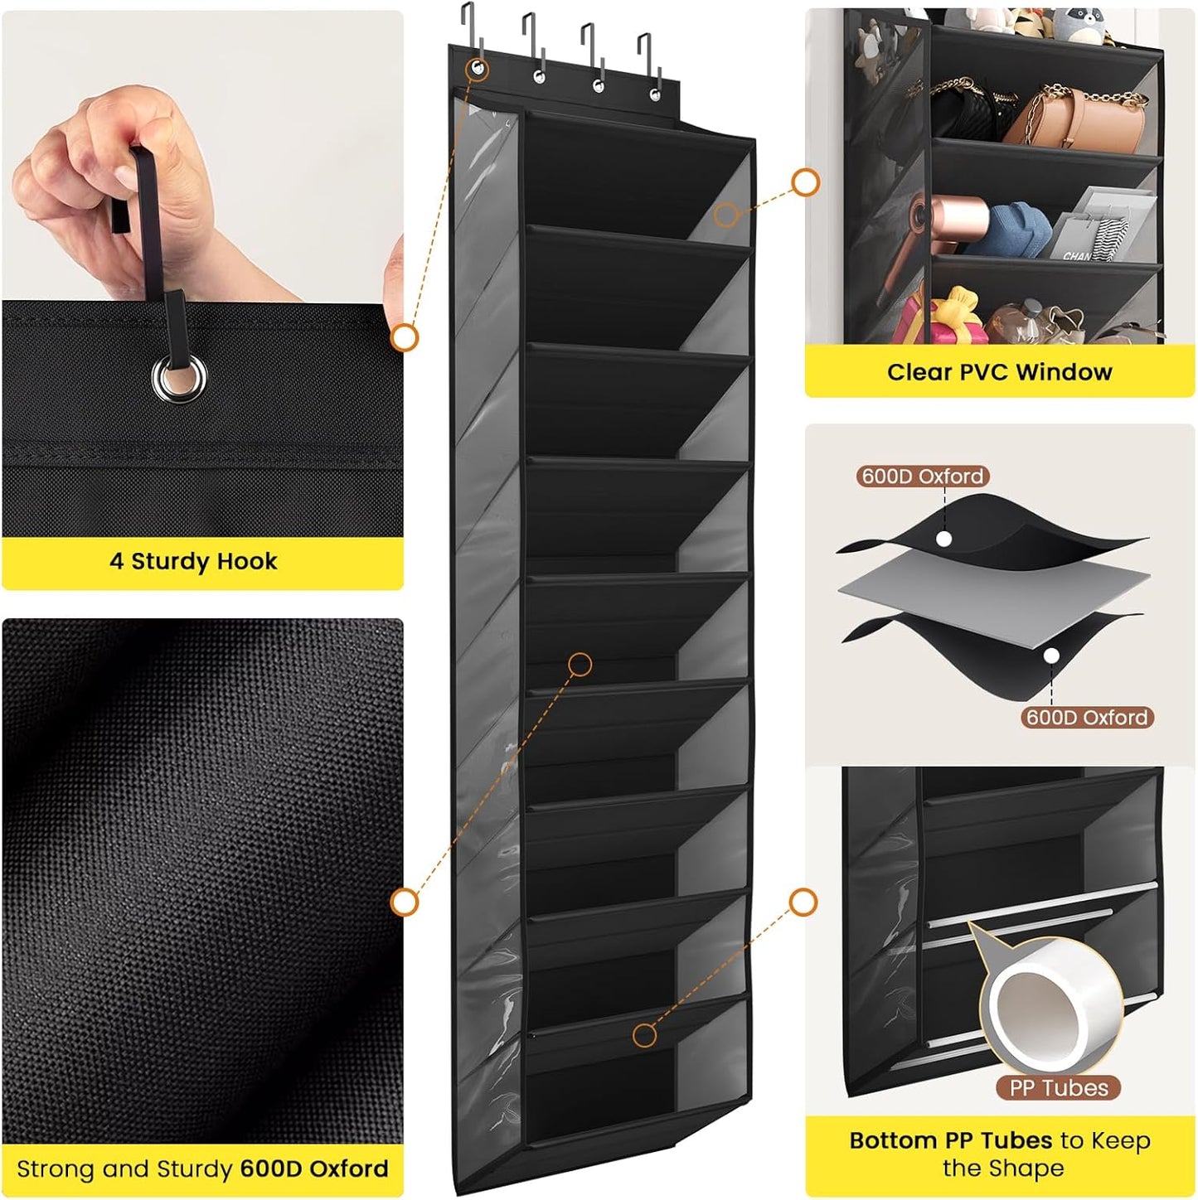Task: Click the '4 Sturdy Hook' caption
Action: tap(193, 562)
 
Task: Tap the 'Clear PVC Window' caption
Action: tap(999, 372)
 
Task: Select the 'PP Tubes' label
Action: tap(1058, 1088)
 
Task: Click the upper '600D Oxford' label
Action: tap(922, 477)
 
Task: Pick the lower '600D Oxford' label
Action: tap(1086, 718)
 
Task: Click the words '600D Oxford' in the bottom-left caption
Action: tap(313, 1169)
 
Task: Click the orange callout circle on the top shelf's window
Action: tap(726, 215)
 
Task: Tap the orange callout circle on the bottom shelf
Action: tap(644, 1034)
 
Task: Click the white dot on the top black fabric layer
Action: tap(943, 539)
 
